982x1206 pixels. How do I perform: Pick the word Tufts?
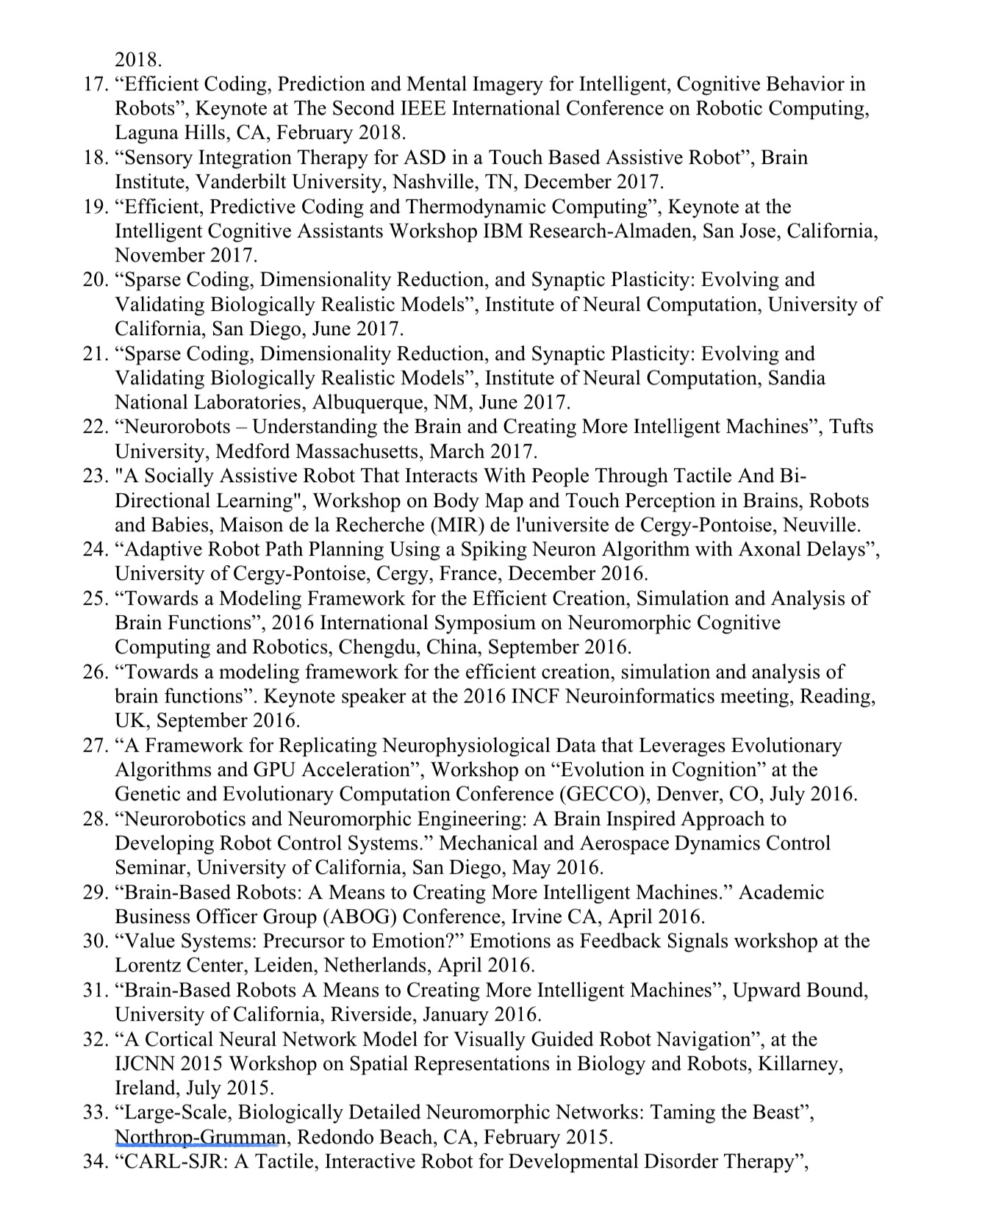(x=852, y=427)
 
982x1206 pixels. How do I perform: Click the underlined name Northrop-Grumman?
(x=198, y=1138)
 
